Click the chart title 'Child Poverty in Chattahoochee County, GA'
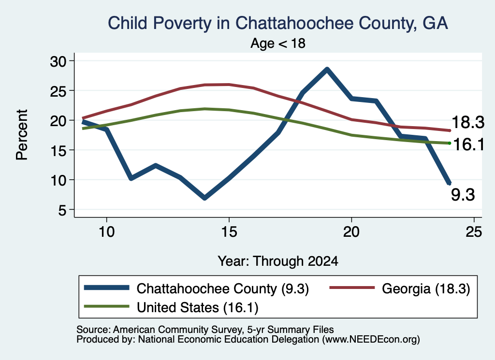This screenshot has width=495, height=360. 278,23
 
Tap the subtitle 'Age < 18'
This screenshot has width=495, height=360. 278,43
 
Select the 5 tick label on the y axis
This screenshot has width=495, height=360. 62,210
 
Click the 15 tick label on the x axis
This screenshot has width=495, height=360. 229,232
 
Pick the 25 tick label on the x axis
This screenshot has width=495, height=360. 474,232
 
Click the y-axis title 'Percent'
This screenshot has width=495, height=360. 22,135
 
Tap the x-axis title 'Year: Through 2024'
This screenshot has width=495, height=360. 278,261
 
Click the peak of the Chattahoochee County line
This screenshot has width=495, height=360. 327,70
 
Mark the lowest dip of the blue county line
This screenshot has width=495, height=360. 205,198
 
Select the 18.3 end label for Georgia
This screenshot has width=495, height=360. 468,122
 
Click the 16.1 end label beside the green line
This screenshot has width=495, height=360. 468,144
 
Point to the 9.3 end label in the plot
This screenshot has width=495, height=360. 463,195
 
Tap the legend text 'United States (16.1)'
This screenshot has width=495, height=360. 198,307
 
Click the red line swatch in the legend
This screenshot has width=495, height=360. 352,288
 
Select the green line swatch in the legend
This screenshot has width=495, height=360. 107,306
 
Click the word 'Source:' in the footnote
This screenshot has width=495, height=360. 93,330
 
